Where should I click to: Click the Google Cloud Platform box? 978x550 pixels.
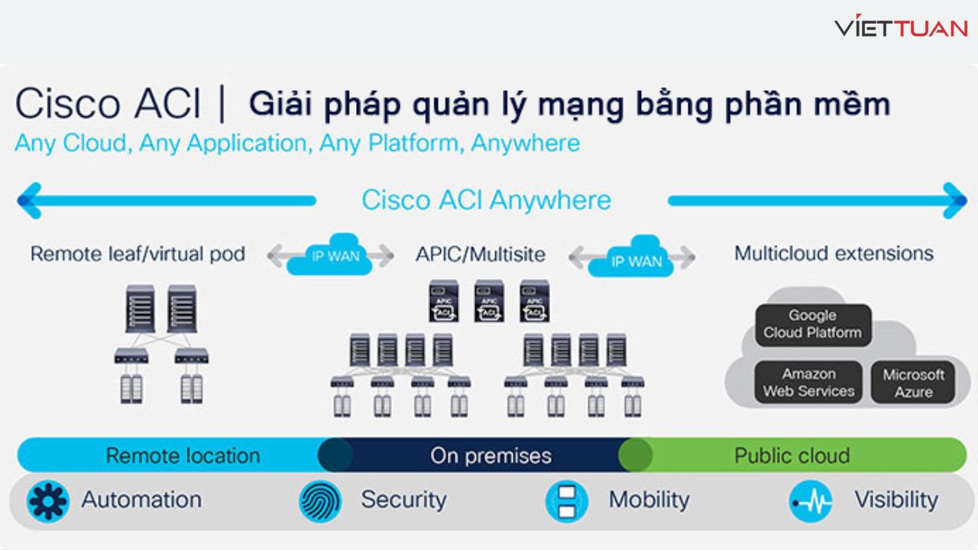tap(813, 325)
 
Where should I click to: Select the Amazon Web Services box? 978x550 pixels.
tap(808, 383)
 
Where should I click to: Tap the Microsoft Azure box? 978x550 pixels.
tap(913, 383)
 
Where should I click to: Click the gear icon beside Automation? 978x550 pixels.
tap(48, 501)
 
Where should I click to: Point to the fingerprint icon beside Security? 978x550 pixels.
tap(320, 501)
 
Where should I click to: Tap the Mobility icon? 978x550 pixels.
tap(566, 501)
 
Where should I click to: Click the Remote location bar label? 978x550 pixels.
tap(183, 456)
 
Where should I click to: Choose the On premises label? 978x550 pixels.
tap(491, 456)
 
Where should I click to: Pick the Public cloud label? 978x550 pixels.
tap(792, 456)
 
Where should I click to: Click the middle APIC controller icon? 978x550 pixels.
tap(489, 301)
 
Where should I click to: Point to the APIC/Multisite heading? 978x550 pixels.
tap(481, 254)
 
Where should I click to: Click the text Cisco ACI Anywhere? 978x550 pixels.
tap(487, 200)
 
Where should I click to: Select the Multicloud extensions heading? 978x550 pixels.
tap(834, 253)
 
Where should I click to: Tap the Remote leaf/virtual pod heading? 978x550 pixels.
tap(138, 254)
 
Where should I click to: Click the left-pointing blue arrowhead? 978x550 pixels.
tap(28, 201)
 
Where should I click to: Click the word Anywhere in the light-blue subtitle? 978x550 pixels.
tap(525, 143)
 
